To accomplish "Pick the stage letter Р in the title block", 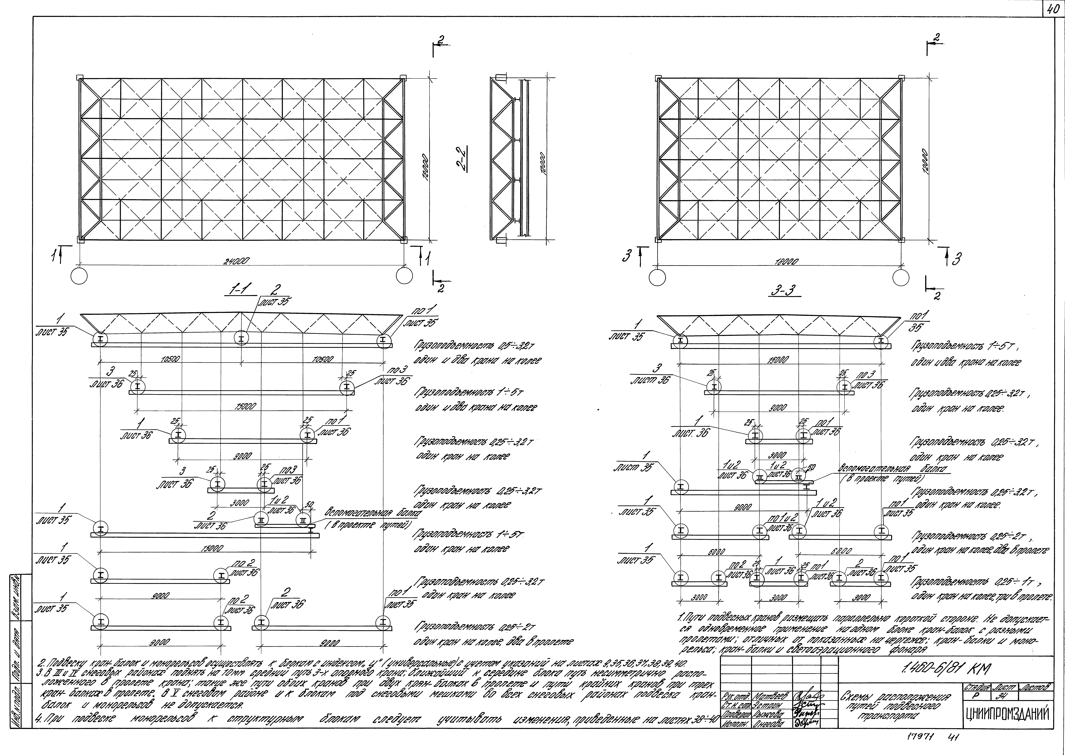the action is coord(973,696).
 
